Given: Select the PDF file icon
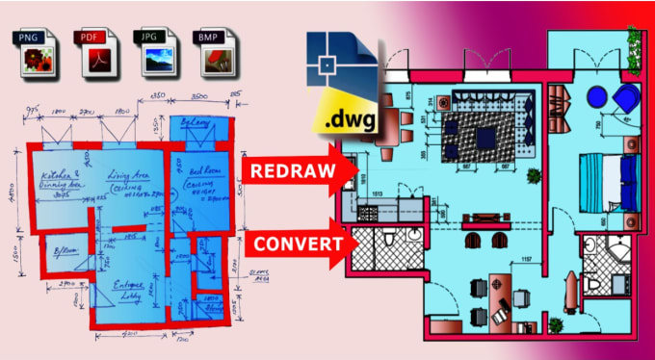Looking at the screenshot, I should tap(92, 53).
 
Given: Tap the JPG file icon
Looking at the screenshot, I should tap(154, 53).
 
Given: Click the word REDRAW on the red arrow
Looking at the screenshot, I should tap(290, 171).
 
